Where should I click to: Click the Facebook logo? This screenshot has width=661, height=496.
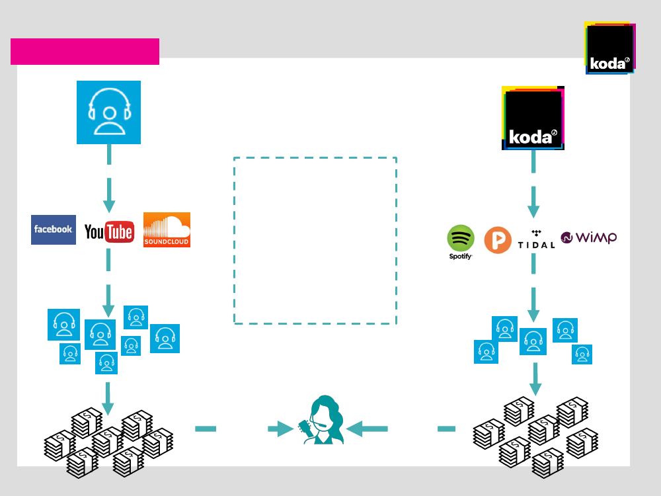(53, 229)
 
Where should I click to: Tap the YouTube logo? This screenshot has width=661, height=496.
(109, 231)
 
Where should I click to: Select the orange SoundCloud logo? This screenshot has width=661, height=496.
(167, 229)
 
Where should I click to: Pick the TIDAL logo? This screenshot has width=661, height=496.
(536, 239)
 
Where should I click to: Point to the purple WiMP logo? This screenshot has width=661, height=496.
(588, 237)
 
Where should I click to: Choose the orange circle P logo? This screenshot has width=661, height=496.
(498, 240)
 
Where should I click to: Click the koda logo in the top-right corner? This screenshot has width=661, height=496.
(609, 48)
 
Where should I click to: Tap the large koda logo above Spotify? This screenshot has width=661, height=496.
(533, 118)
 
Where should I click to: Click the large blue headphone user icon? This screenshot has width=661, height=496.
(108, 112)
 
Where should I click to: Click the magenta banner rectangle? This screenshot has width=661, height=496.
(85, 52)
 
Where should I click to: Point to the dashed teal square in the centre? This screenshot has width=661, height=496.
(315, 241)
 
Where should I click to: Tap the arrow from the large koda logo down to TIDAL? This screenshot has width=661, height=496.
(533, 202)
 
